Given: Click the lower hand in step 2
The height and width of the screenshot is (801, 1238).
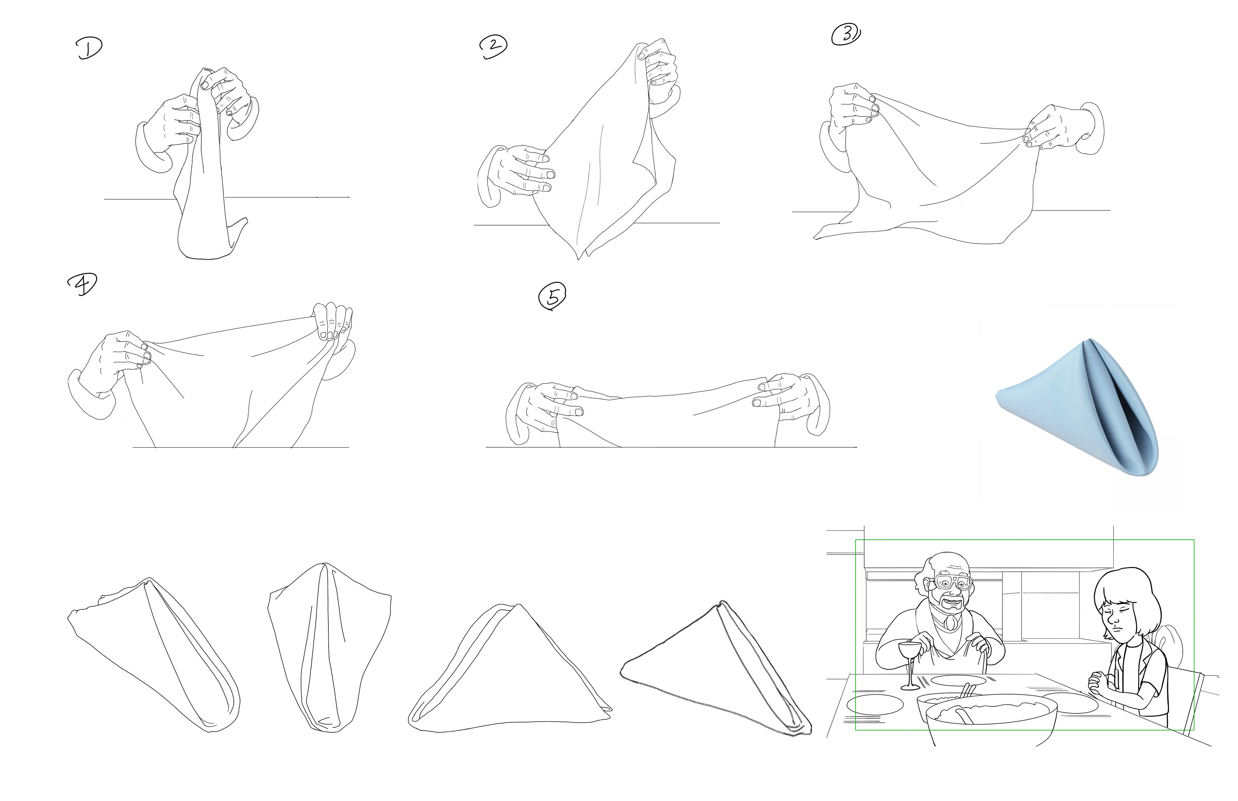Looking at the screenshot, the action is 517,174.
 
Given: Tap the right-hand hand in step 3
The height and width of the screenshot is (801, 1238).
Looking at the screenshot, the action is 1061,130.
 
